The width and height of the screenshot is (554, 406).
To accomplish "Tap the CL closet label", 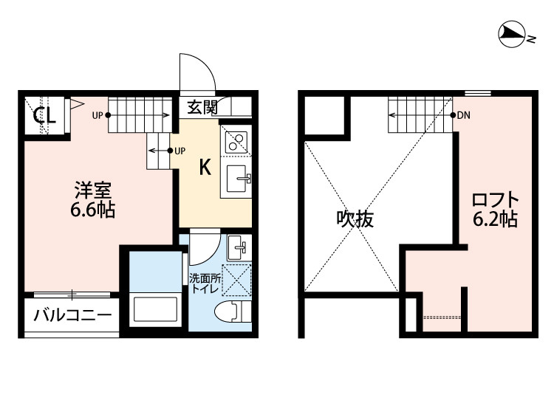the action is [44, 114].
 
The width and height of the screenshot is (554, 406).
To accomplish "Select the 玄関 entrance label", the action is [202, 107].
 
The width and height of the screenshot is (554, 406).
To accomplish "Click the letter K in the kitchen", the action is [205, 167].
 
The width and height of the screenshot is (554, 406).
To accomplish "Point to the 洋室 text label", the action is [93, 190].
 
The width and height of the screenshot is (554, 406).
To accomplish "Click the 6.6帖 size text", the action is [92, 210].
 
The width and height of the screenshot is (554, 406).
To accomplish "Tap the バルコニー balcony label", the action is [72, 315].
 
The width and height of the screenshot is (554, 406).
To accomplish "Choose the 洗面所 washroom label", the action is [205, 278].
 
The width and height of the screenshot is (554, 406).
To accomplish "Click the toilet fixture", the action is [233, 312].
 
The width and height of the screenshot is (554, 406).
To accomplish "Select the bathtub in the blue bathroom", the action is [155, 309].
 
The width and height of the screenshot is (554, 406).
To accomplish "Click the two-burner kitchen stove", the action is [236, 141].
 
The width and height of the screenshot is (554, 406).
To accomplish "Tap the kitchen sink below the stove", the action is [236, 179].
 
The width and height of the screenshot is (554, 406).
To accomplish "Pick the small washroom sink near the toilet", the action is [239, 247].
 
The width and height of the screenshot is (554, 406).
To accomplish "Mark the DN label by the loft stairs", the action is [464, 115].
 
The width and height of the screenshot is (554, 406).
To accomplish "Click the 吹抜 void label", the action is [355, 219].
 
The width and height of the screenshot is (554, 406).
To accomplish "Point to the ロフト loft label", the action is [496, 200].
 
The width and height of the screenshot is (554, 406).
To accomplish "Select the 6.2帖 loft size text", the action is [496, 219].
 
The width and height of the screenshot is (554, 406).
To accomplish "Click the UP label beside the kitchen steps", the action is [179, 151].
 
